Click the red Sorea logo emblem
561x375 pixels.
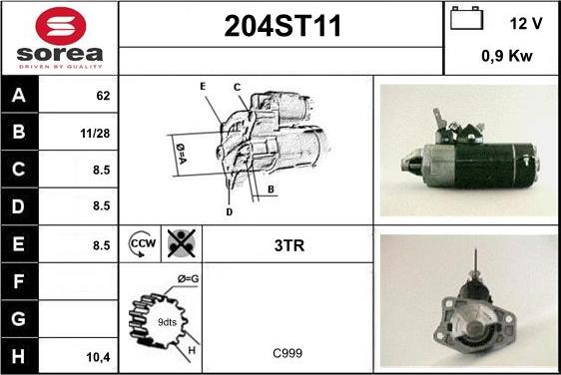point(61,26)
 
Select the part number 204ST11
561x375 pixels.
point(282,26)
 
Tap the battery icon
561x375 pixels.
point(466,18)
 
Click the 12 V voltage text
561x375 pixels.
point(526,24)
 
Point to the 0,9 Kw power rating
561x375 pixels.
point(507,56)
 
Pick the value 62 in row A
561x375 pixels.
point(103,96)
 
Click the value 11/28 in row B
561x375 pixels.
point(95,134)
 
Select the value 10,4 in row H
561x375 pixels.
point(99,357)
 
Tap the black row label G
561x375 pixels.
point(19,319)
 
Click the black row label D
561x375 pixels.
point(19,206)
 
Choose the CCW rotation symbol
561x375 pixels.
point(142,243)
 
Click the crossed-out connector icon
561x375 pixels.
point(182,243)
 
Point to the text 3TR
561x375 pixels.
point(289,245)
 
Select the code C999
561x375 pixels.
point(287,353)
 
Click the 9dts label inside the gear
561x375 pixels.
point(167,322)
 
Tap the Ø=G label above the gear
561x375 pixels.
point(189,278)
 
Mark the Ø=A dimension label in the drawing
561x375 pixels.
point(181,154)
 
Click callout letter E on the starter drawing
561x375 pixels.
point(203,87)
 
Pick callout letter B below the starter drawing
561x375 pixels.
point(271,189)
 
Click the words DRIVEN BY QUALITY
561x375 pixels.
point(60,67)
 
